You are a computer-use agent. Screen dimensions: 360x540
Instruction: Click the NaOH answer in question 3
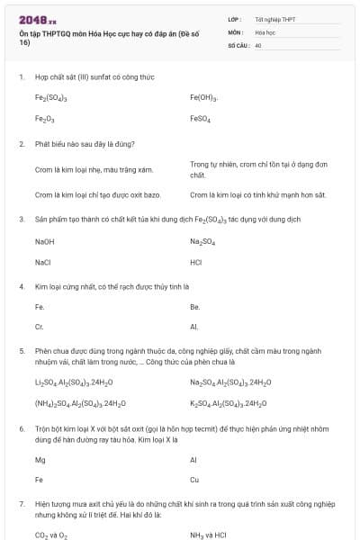click(45, 241)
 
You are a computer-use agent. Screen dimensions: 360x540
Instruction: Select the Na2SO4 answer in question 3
click(202, 241)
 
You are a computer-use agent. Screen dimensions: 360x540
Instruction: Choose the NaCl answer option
click(43, 262)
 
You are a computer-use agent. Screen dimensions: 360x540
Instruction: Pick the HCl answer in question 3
click(196, 262)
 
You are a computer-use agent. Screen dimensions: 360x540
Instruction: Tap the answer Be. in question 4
click(194, 306)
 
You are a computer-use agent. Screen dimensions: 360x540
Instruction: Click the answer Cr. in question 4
click(40, 327)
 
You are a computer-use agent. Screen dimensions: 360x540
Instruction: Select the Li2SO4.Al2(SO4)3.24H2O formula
click(75, 382)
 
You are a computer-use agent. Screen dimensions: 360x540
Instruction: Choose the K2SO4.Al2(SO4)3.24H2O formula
click(228, 403)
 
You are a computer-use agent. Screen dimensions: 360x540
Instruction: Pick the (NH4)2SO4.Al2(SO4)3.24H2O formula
click(80, 403)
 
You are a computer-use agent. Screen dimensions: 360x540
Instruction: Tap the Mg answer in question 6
click(40, 459)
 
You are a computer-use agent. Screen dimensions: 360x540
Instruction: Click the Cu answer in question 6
click(194, 480)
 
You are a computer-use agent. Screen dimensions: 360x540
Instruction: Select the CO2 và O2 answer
click(51, 535)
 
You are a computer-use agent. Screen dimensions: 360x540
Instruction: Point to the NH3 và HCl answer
click(208, 535)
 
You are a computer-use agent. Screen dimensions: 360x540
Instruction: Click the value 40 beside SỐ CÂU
click(258, 44)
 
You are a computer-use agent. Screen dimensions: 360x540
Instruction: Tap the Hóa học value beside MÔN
click(265, 31)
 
